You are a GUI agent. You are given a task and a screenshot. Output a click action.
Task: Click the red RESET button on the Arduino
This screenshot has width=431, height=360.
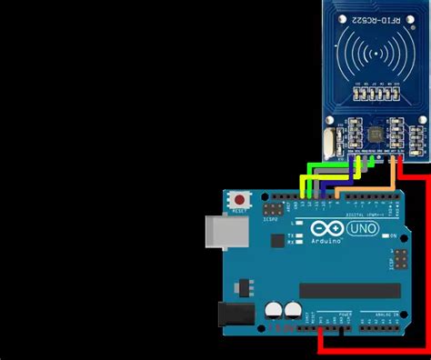240,199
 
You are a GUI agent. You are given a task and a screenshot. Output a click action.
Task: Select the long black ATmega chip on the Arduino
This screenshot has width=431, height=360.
348,290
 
